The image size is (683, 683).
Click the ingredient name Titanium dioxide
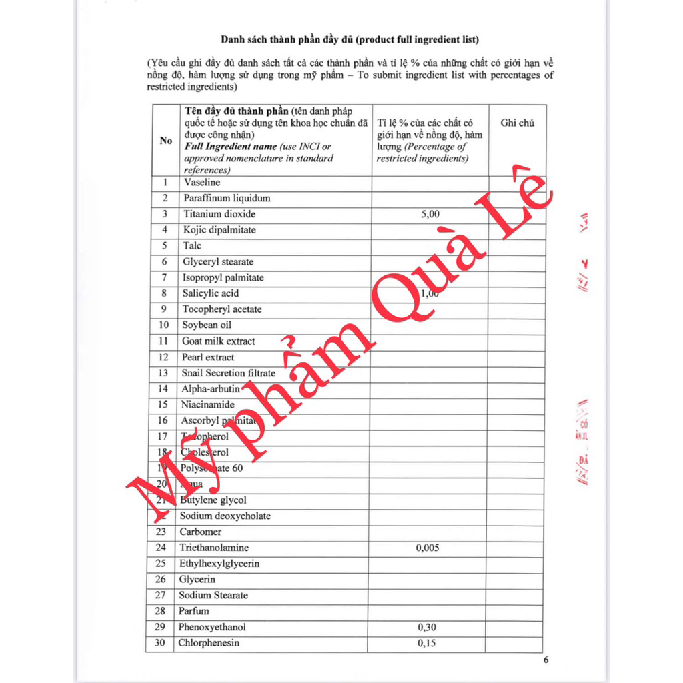[219, 214]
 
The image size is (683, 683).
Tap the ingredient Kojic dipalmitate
[219, 230]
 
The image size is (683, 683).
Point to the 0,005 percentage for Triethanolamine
[427, 548]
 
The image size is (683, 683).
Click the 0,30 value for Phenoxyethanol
[427, 627]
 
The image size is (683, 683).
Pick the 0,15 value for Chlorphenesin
[427, 643]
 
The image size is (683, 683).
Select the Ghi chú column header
[517, 123]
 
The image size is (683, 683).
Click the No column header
[166, 141]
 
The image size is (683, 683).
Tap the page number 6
[546, 660]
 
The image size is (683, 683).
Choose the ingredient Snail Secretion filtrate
[228, 373]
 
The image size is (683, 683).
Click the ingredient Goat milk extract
[218, 341]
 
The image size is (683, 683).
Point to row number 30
[160, 643]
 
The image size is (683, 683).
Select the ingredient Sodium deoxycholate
[225, 516]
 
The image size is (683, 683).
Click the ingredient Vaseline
[201, 182]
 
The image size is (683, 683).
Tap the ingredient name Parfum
[193, 611]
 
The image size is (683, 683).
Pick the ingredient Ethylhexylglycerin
[219, 564]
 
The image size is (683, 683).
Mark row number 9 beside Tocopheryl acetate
[164, 309]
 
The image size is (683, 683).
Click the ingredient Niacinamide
[207, 405]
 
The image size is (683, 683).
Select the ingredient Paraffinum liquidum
[227, 198]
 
